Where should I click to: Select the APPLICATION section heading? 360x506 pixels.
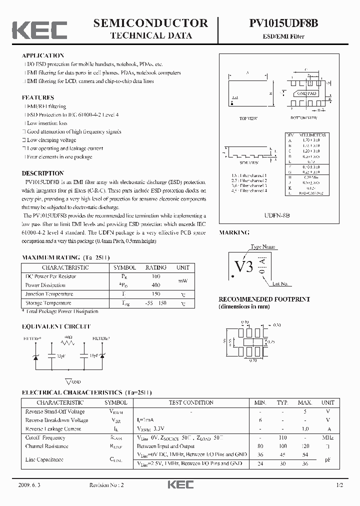[43, 55]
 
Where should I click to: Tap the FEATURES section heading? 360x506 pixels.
[38, 97]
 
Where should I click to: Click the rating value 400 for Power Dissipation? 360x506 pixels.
[155, 285]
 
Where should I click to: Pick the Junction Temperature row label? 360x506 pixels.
[49, 294]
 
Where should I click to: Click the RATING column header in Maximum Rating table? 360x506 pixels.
[155, 267]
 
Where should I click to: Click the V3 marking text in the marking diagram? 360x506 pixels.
[243, 266]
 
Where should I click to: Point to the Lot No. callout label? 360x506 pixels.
[280, 283]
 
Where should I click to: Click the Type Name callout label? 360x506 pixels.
[263, 247]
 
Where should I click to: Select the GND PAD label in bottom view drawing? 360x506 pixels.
[307, 93]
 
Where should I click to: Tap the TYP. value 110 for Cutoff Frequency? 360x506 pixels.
[282, 437]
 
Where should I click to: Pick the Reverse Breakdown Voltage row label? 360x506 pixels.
[56, 420]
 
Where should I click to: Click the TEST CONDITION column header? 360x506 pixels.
[191, 402]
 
